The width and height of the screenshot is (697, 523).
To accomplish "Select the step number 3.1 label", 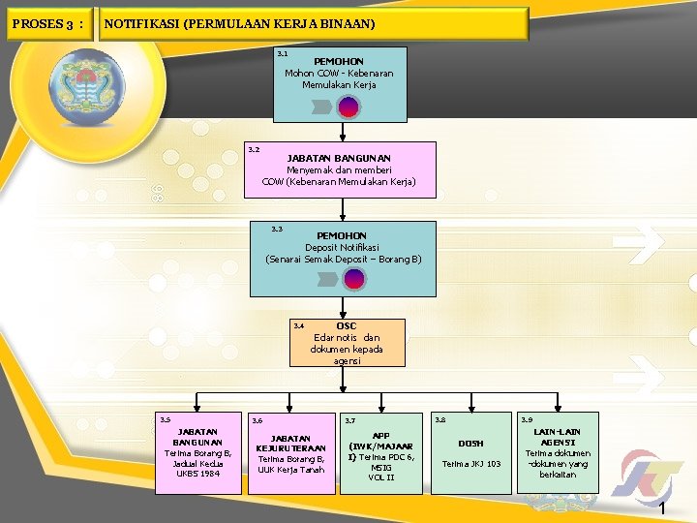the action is [x=282, y=54].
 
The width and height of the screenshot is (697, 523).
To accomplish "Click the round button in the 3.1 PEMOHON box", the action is [x=348, y=108].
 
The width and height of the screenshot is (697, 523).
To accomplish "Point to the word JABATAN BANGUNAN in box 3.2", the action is [x=339, y=158].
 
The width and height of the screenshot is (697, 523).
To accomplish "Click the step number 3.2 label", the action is [x=254, y=150].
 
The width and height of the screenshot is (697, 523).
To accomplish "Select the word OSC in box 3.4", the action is [x=347, y=325].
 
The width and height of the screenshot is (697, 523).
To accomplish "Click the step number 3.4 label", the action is [x=299, y=326].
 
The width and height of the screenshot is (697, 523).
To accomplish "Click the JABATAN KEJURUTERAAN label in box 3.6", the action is [x=290, y=443].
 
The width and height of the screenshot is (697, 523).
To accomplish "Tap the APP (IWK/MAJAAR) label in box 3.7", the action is [x=380, y=442].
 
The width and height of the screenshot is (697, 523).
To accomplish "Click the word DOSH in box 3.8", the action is [x=470, y=444].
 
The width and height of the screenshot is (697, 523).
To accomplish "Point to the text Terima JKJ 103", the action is [x=470, y=464].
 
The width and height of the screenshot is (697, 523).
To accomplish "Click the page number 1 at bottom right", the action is [x=662, y=509].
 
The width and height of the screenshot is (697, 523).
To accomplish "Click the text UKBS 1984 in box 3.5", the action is [x=197, y=474].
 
